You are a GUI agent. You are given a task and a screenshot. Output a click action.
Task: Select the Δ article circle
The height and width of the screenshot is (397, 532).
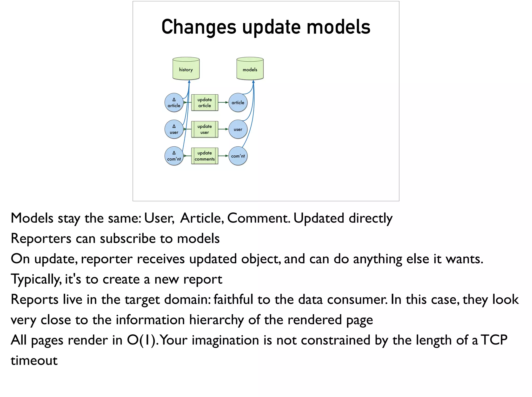click(174, 102)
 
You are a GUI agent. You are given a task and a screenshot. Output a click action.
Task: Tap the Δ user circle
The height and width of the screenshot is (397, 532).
click(174, 129)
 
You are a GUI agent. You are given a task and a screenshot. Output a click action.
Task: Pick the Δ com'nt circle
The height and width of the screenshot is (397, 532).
click(174, 156)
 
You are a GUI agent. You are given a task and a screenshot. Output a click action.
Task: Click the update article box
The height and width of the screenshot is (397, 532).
click(205, 102)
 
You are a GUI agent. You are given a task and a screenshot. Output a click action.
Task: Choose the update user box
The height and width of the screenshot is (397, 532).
click(205, 129)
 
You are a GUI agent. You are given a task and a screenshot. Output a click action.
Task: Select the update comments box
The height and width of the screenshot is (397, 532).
click(205, 156)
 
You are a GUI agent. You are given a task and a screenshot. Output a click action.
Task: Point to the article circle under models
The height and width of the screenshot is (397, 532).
click(238, 102)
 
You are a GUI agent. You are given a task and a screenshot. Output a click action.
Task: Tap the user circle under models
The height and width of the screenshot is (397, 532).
click(238, 129)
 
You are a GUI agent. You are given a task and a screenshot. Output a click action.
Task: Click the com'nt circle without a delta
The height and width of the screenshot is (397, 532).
click(238, 156)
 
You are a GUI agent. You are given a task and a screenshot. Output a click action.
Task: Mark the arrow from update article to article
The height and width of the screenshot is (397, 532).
click(223, 102)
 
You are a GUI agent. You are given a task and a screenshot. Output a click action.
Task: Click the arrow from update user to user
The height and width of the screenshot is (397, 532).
click(223, 129)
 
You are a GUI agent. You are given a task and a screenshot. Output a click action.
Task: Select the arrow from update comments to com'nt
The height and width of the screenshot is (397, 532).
click(223, 156)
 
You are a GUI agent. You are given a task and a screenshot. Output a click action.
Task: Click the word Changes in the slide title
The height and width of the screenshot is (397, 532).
click(199, 27)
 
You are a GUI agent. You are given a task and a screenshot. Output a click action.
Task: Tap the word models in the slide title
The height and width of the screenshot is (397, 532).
click(338, 27)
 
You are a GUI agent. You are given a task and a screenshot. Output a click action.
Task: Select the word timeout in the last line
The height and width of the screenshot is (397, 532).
click(34, 361)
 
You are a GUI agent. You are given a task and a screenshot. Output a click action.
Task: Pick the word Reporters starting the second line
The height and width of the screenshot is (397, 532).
click(41, 239)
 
